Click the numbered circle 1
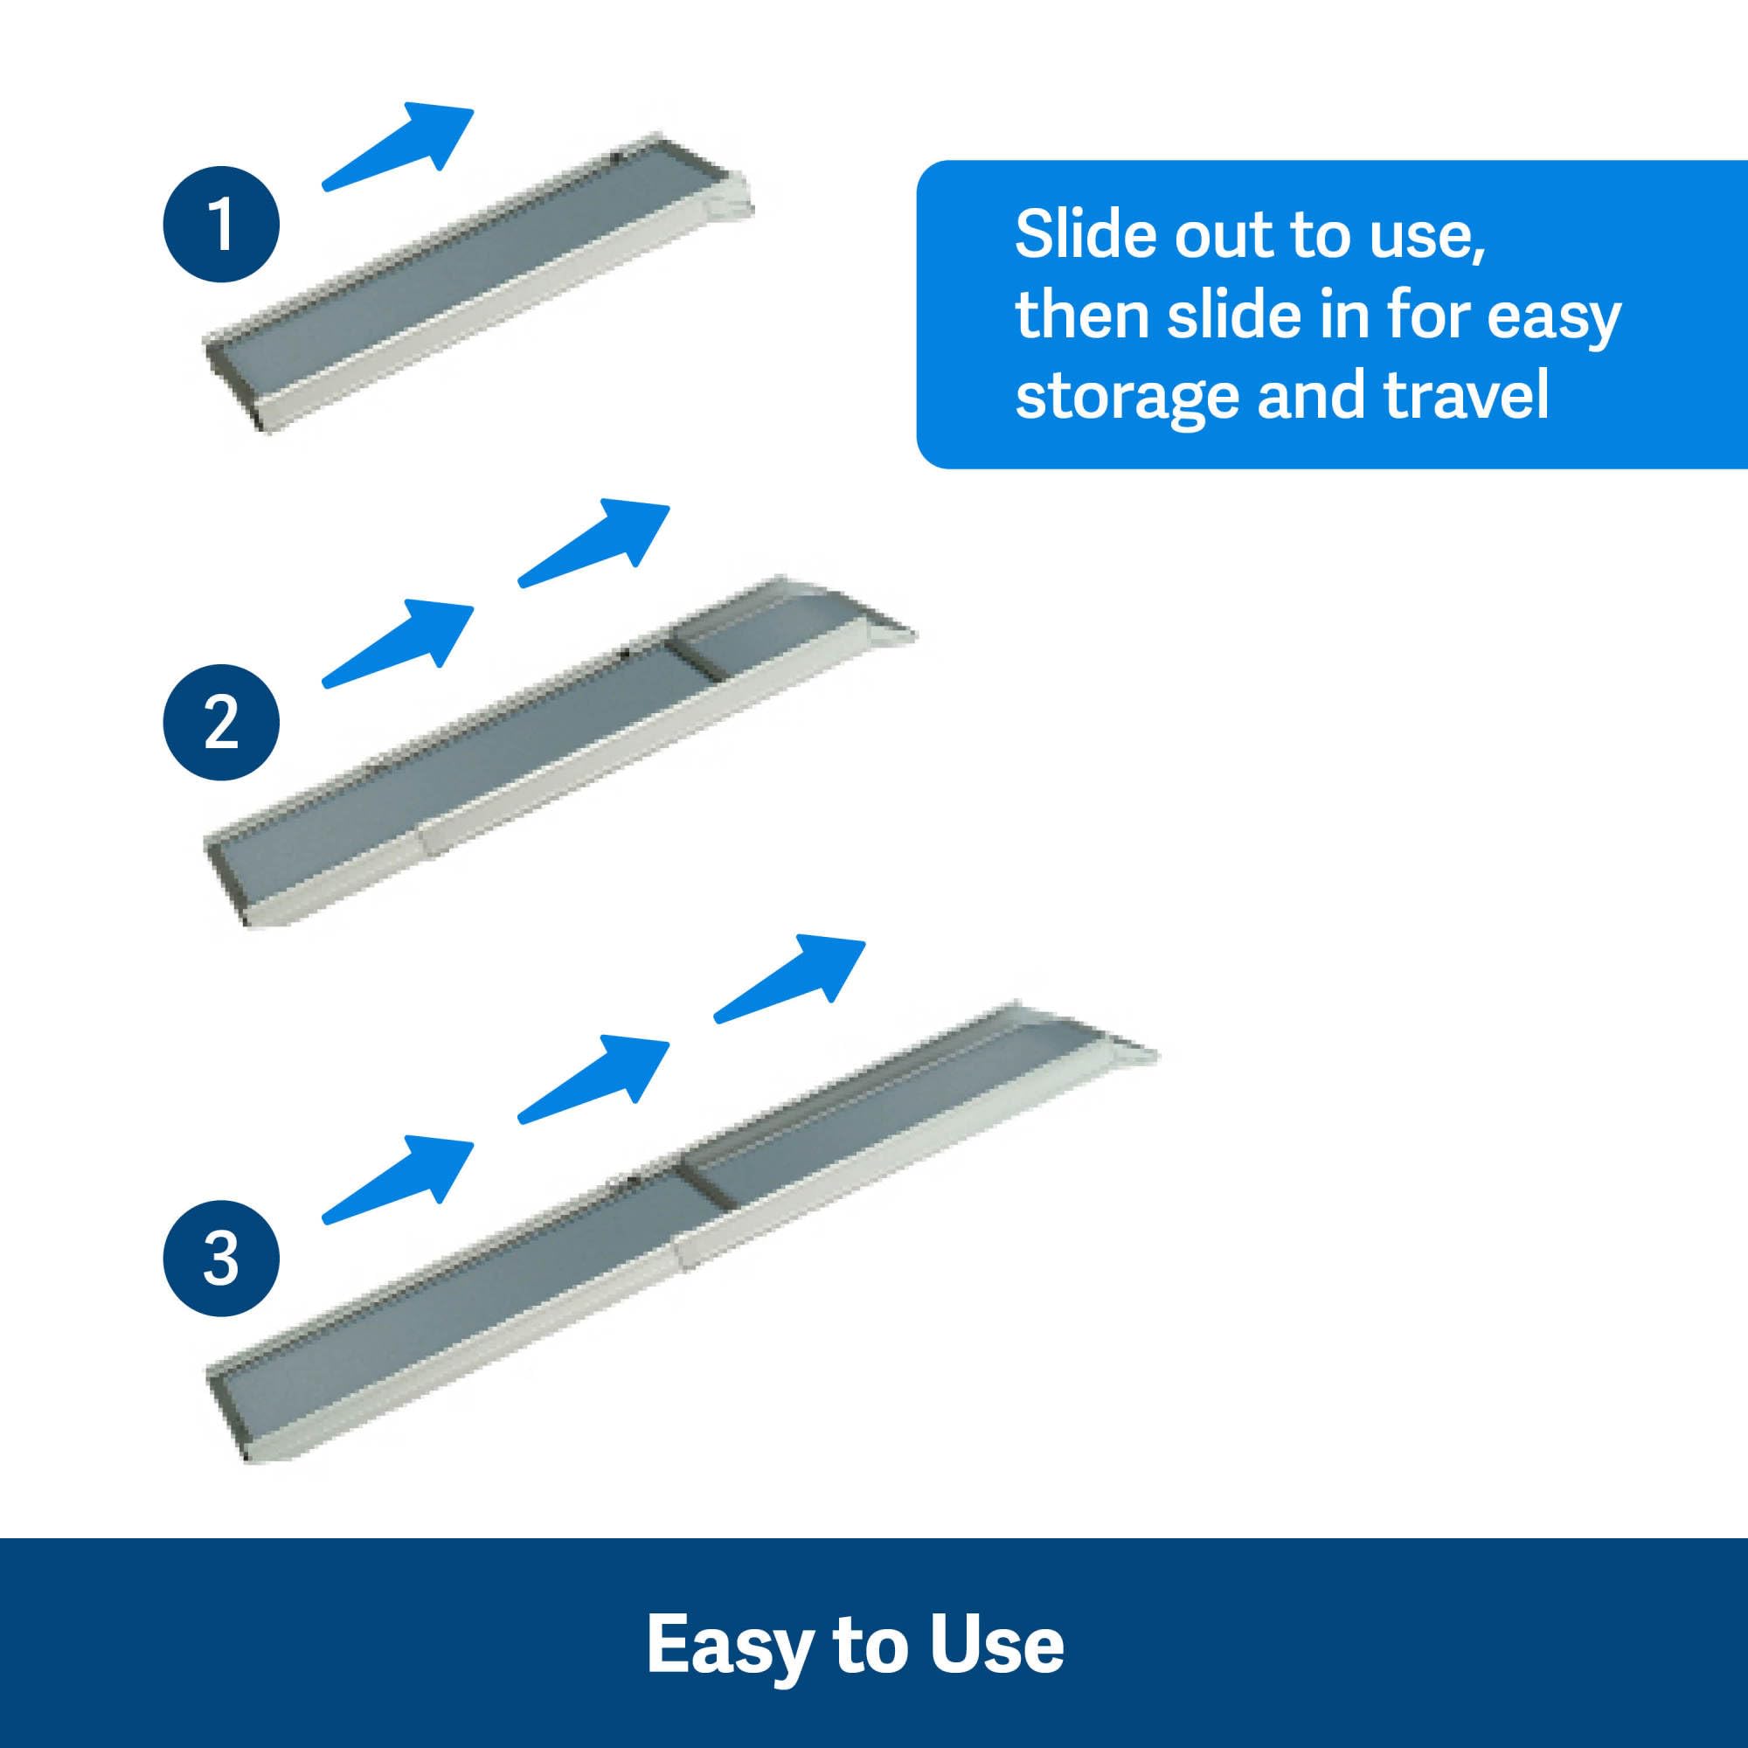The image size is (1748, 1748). [x=221, y=223]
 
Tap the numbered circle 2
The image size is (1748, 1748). [x=221, y=722]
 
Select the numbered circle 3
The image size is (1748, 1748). [x=221, y=1259]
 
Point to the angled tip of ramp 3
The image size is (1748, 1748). [x=1131, y=1050]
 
